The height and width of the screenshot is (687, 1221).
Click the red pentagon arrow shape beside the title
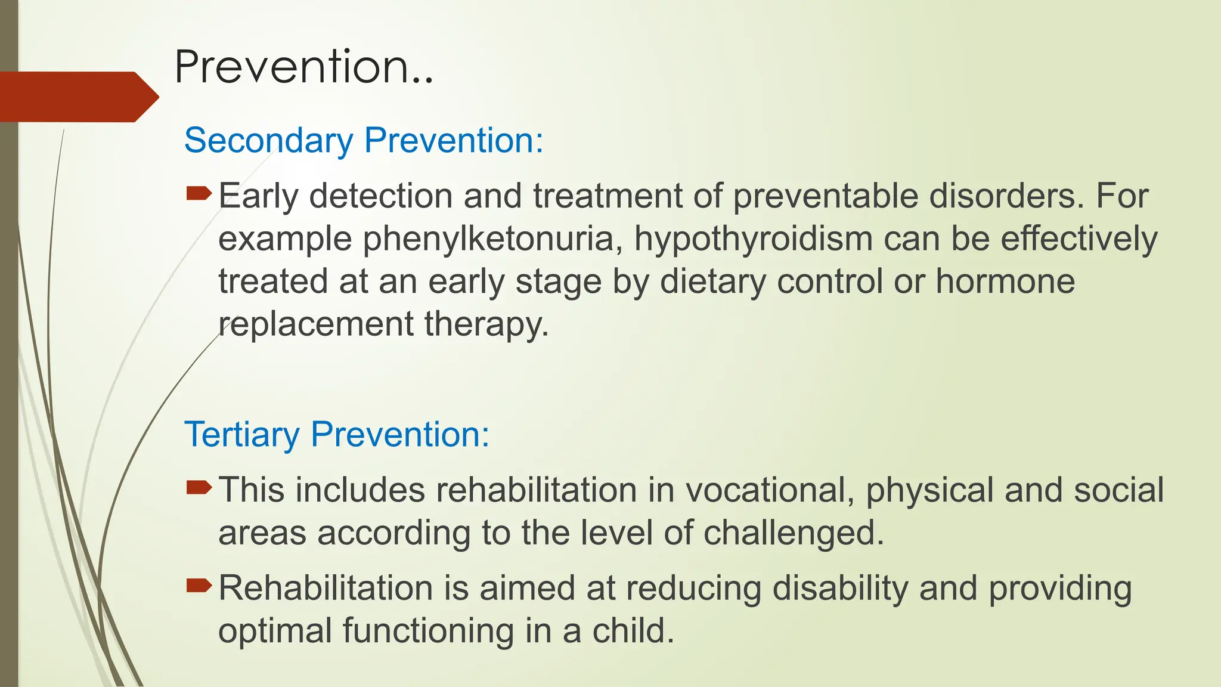click(x=78, y=97)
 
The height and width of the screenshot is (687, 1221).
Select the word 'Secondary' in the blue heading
click(x=268, y=141)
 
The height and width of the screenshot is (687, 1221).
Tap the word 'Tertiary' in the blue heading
click(x=241, y=434)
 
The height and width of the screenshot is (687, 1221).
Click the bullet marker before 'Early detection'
click(x=199, y=193)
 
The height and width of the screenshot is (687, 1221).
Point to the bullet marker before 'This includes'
click(x=199, y=488)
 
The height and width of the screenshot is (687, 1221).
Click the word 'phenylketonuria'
click(x=492, y=239)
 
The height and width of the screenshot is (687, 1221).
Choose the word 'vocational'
click(x=770, y=490)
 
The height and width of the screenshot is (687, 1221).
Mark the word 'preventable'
click(x=825, y=196)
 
